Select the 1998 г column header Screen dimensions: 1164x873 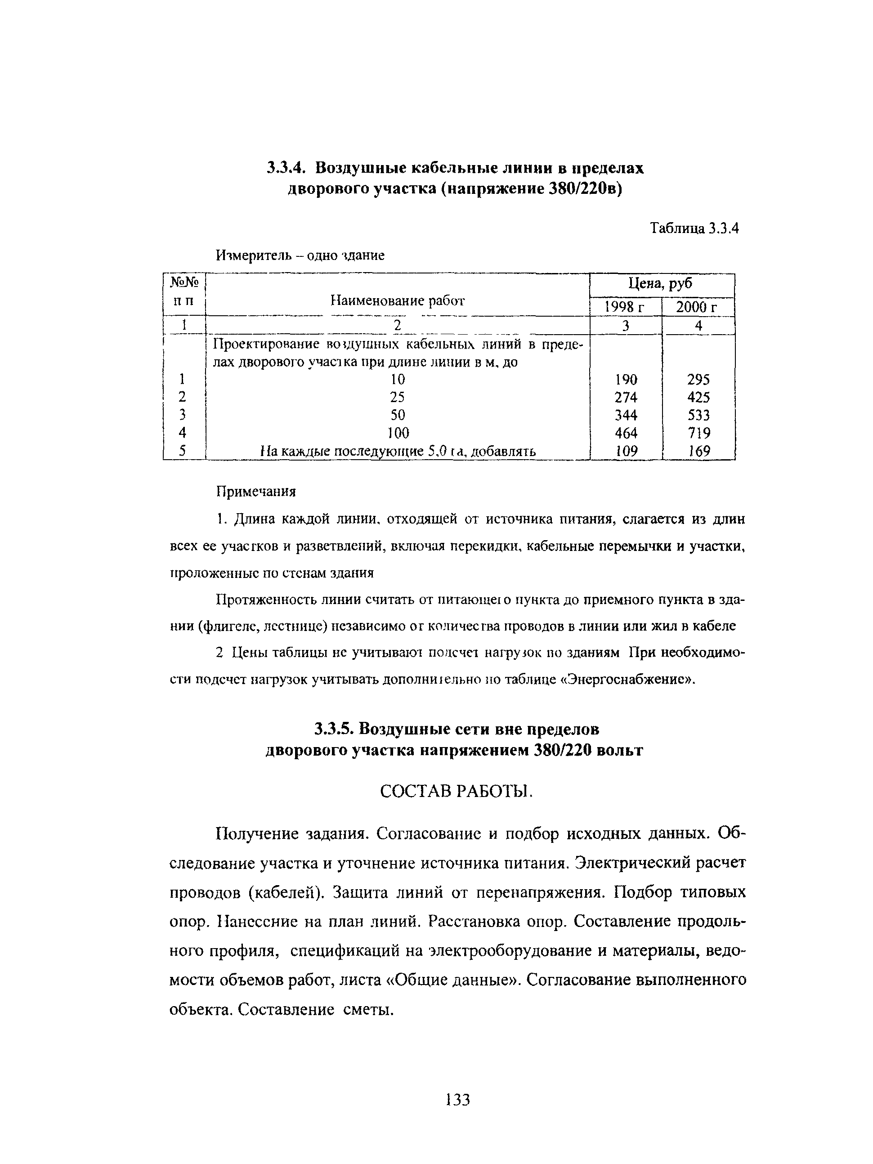click(625, 307)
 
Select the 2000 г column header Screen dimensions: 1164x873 click(697, 307)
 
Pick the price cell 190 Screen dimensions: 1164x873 click(626, 380)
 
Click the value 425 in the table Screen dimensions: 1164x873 click(698, 397)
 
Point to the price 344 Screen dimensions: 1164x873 click(626, 415)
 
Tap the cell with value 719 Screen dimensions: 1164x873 click(698, 433)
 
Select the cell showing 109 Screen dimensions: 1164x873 click(626, 451)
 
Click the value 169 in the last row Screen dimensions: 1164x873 click(699, 451)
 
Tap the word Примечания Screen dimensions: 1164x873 click(256, 492)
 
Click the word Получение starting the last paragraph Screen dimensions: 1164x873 click(256, 834)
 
